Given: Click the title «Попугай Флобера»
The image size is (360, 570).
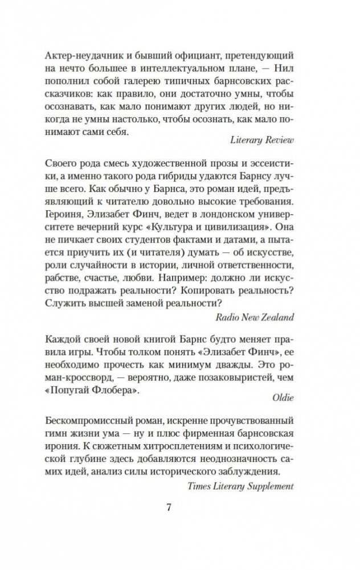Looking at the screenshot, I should coord(92,392).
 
